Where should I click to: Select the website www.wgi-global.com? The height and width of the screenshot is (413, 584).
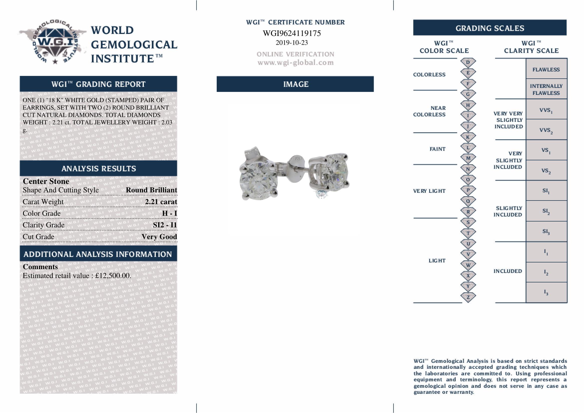click(x=296, y=63)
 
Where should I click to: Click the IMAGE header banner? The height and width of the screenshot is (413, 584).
click(x=295, y=84)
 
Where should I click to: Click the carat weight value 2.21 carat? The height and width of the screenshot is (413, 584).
click(x=161, y=202)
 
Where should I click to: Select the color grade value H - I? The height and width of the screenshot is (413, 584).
click(x=169, y=213)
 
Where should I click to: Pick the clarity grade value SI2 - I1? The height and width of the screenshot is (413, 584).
click(x=165, y=225)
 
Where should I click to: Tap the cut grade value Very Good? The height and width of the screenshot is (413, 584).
click(x=159, y=237)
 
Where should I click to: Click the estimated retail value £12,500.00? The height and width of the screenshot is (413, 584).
click(x=113, y=276)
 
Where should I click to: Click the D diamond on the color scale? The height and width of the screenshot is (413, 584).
click(x=468, y=62)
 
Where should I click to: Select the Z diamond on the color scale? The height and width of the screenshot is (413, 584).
click(x=468, y=297)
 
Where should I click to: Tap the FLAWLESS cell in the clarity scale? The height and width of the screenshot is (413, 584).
click(x=546, y=69)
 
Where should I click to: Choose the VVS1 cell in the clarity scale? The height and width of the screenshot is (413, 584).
click(x=546, y=110)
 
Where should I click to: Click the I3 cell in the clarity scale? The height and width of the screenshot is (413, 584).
click(x=546, y=292)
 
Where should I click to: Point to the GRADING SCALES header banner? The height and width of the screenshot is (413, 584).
click(x=490, y=28)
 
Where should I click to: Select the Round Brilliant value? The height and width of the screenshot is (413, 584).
click(x=151, y=190)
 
